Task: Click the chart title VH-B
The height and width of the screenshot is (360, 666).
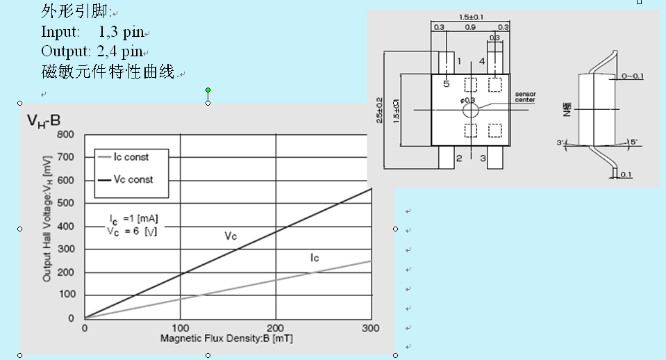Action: click(x=44, y=121)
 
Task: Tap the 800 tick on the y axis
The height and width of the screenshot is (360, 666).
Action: click(x=65, y=134)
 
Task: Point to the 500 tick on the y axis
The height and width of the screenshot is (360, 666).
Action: click(x=65, y=203)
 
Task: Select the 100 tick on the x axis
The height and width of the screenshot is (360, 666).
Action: click(x=181, y=328)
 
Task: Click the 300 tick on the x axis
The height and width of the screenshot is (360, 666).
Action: click(x=372, y=328)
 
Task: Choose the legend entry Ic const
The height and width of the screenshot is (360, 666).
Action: click(x=131, y=157)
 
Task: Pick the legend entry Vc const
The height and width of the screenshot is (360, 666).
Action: click(x=133, y=179)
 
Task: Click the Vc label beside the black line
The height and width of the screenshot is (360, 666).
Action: click(x=231, y=236)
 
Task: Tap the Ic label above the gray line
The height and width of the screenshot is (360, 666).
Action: click(x=314, y=258)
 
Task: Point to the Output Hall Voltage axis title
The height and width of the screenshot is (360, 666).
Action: click(x=47, y=226)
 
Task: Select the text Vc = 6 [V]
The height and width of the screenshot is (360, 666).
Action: click(x=132, y=232)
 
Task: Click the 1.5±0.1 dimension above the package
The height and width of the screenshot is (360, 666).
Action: click(x=472, y=17)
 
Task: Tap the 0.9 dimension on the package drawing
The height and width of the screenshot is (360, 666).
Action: click(x=470, y=28)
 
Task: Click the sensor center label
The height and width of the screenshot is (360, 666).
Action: click(x=525, y=97)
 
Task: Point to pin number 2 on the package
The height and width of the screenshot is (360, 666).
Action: click(x=459, y=158)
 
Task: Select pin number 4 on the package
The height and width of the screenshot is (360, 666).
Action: click(x=482, y=62)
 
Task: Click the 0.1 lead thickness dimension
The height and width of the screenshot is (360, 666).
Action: click(x=626, y=174)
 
